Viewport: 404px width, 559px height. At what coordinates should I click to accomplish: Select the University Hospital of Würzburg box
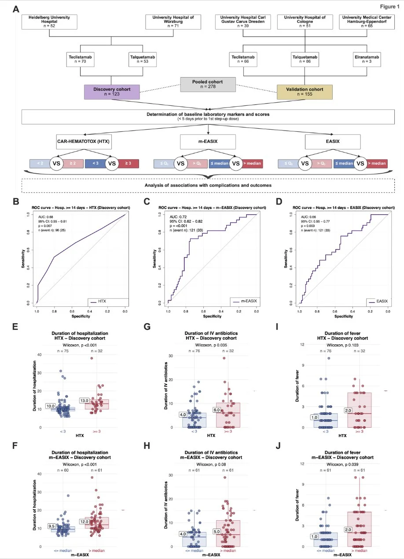pyautogui.click(x=173, y=22)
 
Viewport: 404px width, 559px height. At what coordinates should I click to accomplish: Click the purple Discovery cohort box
pyautogui.click(x=112, y=93)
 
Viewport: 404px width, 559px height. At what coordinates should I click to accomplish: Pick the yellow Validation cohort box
pyautogui.click(x=304, y=93)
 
